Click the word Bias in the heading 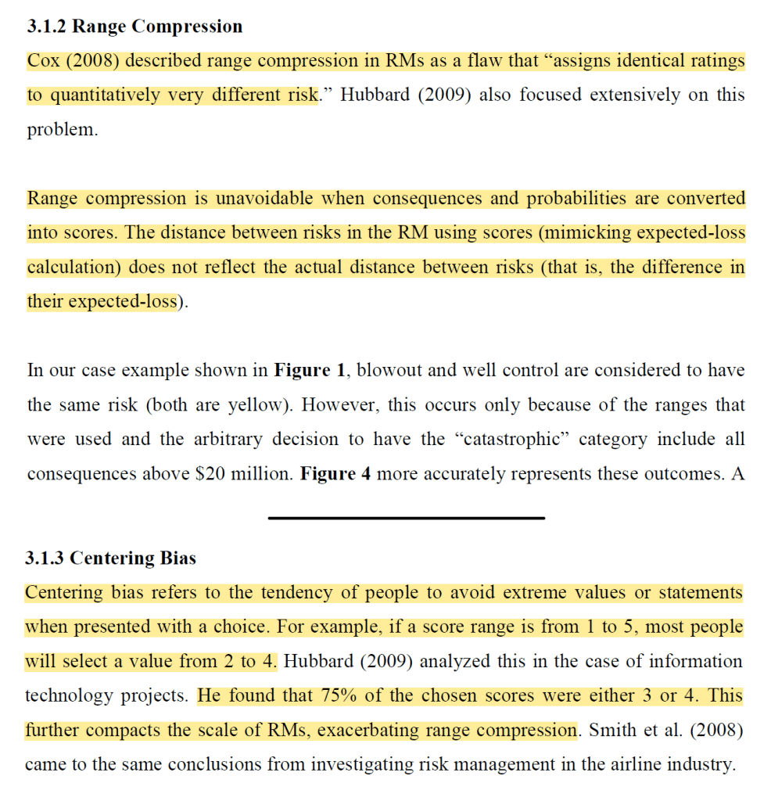tap(178, 558)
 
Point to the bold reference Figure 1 tap(309, 370)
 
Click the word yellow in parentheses tap(251, 404)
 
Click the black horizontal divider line tap(406, 517)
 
